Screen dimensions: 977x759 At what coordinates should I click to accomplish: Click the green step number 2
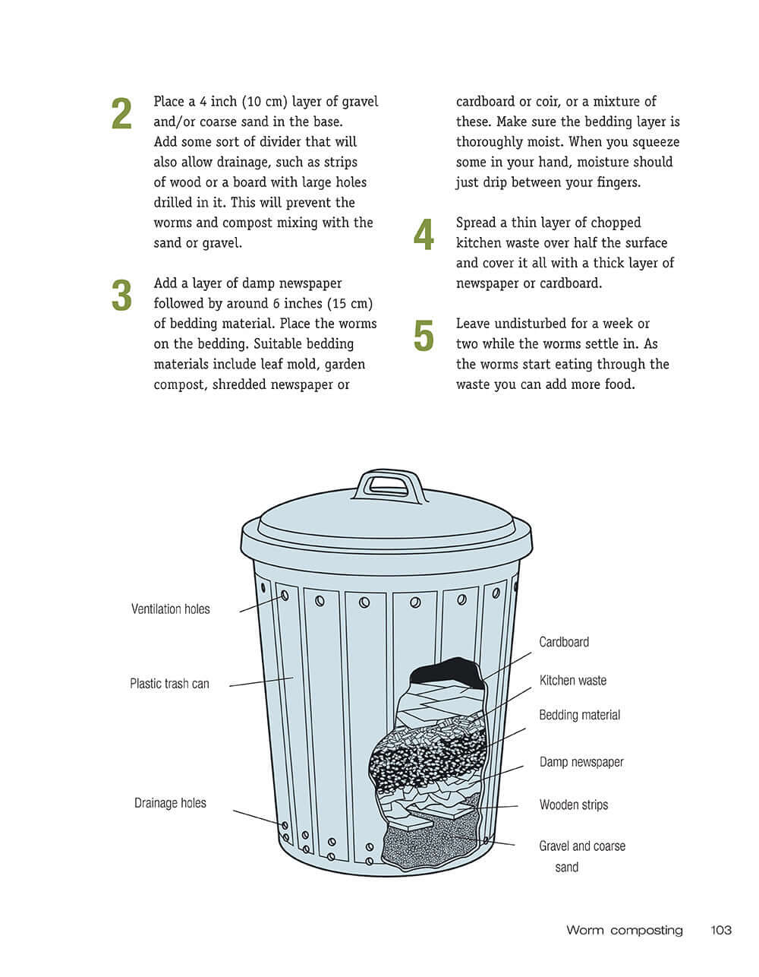tap(121, 114)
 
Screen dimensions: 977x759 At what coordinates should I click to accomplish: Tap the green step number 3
tap(121, 296)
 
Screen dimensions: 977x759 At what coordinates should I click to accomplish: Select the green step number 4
tap(424, 236)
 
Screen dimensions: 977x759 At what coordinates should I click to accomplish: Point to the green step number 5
tap(424, 337)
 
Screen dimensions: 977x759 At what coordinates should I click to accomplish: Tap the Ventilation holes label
tap(170, 609)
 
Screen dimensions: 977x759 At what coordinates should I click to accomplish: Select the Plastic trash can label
tap(169, 684)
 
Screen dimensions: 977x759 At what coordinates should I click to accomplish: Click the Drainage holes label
tap(170, 803)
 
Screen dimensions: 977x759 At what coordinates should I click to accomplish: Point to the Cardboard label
tap(563, 642)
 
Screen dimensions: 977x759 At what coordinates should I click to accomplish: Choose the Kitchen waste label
tap(572, 681)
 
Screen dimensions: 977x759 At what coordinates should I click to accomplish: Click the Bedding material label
tap(579, 715)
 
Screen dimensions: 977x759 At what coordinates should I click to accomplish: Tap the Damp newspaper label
tap(581, 762)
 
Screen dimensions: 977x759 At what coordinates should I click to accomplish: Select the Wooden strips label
tap(573, 805)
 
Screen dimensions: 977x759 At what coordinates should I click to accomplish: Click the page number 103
tap(720, 930)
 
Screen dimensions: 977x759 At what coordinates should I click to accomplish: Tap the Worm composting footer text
tap(624, 930)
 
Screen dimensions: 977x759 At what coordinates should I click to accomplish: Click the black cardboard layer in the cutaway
tap(444, 672)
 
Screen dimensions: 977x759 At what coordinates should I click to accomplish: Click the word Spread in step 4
tap(477, 223)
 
